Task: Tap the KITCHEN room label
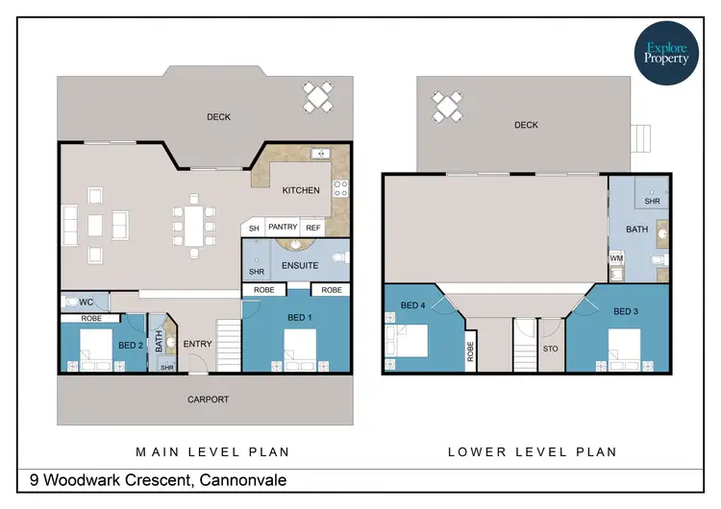301,190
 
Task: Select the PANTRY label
283,228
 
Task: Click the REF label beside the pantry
312,228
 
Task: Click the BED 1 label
300,317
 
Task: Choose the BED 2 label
132,345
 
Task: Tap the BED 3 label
625,311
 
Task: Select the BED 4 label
412,305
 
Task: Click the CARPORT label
208,399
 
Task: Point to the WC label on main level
87,302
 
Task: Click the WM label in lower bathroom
616,258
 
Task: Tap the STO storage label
550,350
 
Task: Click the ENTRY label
197,344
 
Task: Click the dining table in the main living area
193,227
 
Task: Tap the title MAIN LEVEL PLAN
212,450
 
